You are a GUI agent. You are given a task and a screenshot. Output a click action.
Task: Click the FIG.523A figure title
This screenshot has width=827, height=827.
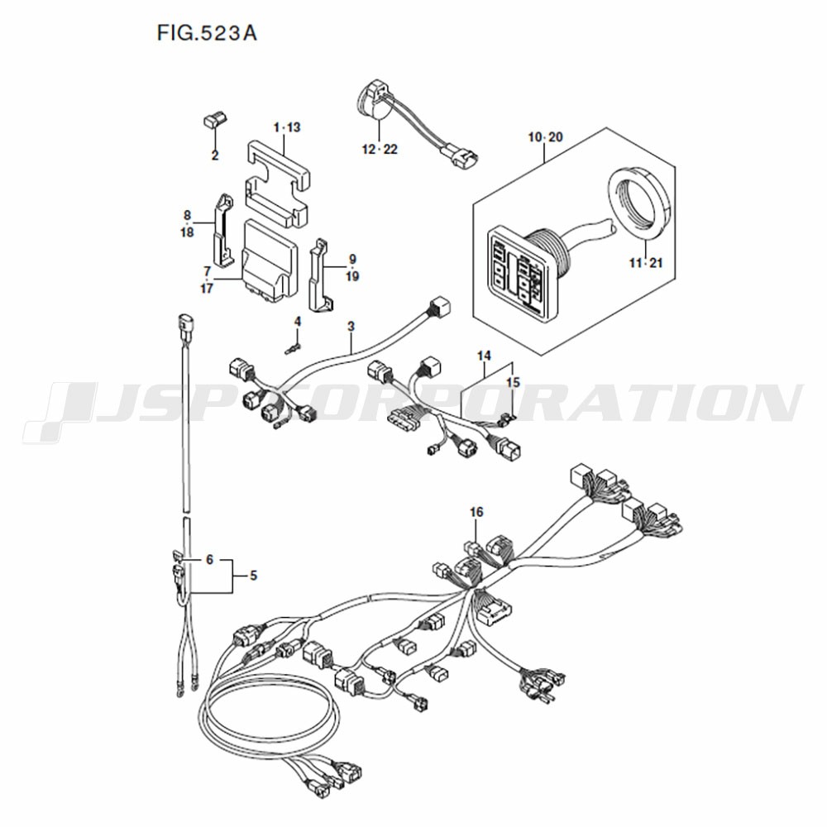207,33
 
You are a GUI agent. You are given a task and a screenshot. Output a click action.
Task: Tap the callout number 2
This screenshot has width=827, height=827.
215,155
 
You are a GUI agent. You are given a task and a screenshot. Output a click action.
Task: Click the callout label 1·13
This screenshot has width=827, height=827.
287,127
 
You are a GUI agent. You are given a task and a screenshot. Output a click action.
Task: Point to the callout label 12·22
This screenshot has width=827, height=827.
380,150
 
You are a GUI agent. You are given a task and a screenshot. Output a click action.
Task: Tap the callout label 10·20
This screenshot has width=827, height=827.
545,137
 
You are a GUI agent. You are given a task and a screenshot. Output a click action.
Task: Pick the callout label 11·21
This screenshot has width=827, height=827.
646,263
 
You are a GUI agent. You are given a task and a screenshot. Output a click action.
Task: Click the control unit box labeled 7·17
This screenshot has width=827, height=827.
269,261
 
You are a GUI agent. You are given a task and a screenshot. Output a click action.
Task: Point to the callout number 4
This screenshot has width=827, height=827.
298,321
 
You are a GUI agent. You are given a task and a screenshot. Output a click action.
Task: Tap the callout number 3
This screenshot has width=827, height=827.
351,327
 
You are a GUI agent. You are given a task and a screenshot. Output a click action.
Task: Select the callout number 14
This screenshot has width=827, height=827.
484,356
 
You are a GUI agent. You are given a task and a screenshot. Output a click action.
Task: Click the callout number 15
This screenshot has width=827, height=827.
513,382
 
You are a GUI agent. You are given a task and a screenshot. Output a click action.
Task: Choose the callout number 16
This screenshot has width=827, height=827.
476,512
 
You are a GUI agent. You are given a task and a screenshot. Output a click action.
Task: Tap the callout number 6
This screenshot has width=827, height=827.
209,560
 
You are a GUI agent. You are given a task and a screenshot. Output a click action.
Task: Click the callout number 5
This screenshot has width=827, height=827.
254,576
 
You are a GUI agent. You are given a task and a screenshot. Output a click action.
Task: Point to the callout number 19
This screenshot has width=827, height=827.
352,276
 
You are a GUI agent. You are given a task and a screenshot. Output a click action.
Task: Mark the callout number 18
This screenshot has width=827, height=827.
187,232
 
